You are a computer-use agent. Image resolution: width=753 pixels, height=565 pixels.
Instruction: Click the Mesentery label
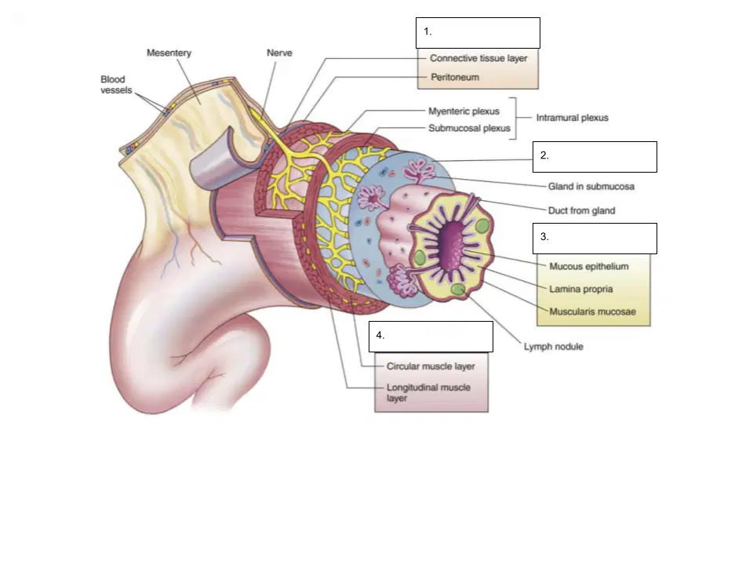[x=169, y=53]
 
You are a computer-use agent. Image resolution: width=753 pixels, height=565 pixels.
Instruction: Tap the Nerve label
[x=279, y=53]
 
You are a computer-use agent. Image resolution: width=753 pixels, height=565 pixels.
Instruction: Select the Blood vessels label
[x=116, y=85]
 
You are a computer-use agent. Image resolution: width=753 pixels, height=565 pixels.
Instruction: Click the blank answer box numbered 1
[x=478, y=33]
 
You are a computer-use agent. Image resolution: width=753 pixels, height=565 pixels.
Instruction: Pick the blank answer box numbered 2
[x=595, y=157]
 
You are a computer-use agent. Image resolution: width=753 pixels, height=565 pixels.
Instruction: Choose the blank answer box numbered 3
[x=595, y=239]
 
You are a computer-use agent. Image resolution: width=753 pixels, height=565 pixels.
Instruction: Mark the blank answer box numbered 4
[x=431, y=337]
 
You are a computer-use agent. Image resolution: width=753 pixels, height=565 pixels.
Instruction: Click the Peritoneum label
[x=455, y=77]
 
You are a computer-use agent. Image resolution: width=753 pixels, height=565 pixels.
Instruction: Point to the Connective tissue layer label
[x=478, y=58]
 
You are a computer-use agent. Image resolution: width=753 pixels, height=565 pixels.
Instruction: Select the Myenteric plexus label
[x=464, y=111]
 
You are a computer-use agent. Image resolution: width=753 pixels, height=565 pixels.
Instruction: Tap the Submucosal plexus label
[x=469, y=128]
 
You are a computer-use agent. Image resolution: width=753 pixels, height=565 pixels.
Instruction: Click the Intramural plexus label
[x=572, y=118]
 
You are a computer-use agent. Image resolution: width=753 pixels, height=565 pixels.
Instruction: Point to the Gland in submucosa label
[x=591, y=187]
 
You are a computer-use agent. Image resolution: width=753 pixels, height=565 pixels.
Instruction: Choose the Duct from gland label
[x=581, y=210]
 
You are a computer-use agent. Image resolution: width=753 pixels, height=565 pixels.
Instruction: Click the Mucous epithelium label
[x=589, y=266]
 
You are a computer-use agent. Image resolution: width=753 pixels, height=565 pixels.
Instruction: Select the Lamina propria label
[x=581, y=290]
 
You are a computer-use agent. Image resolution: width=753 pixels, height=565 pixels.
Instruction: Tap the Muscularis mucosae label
[x=593, y=312]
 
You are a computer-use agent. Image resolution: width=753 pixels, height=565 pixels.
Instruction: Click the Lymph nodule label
[x=553, y=346]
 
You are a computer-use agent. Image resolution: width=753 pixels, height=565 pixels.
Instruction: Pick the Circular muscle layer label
[x=431, y=366]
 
